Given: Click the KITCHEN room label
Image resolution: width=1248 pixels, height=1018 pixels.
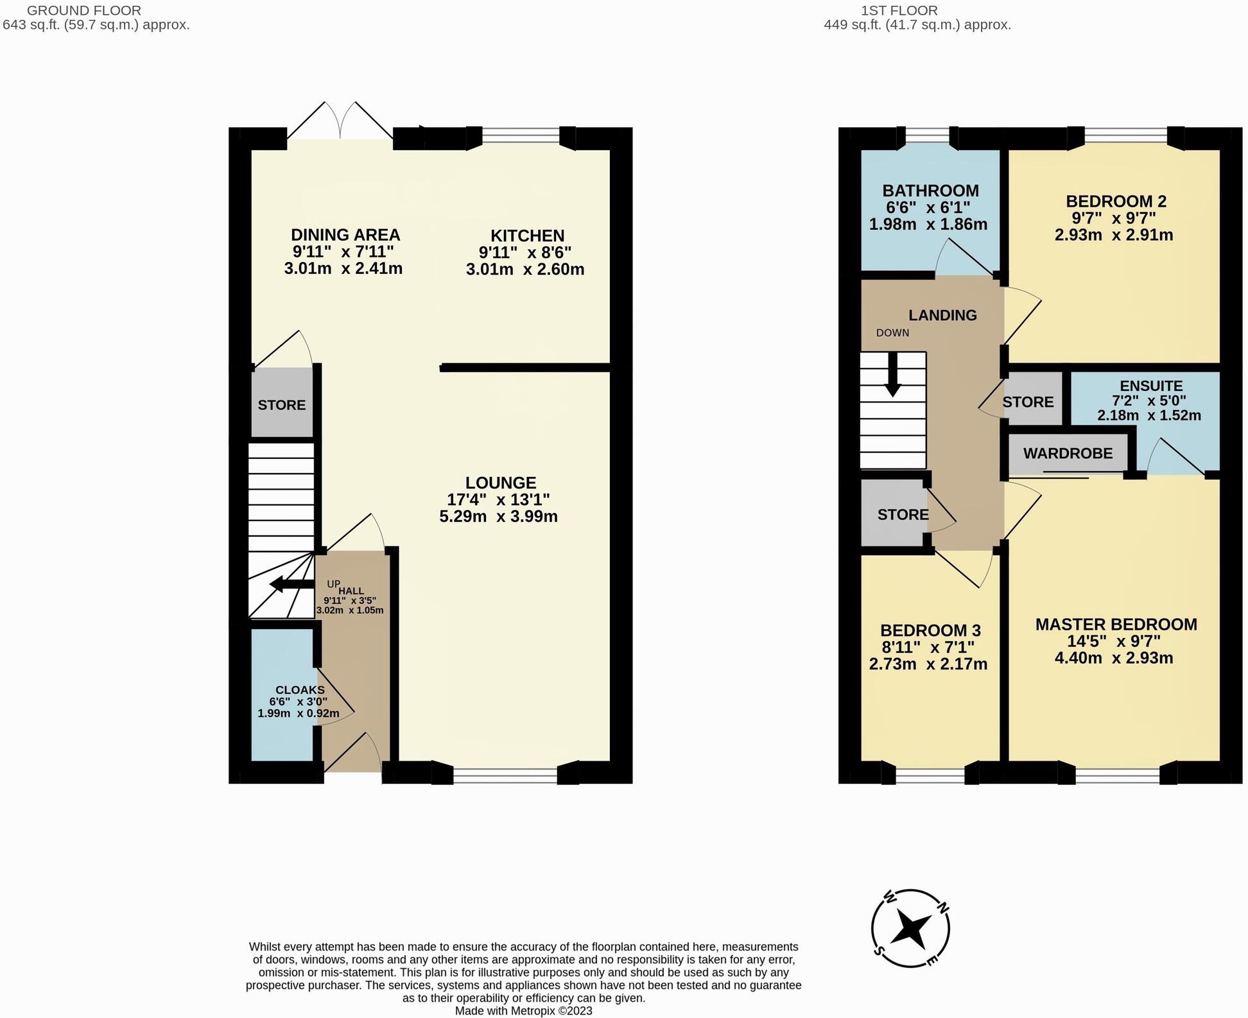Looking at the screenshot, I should pyautogui.click(x=527, y=236).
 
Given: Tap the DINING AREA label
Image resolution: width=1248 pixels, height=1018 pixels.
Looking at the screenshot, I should pyautogui.click(x=345, y=235).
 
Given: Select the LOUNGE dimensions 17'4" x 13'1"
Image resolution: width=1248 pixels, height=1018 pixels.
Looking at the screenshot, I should pyautogui.click(x=498, y=499).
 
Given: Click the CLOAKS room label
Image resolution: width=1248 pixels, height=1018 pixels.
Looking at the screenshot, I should pyautogui.click(x=300, y=690).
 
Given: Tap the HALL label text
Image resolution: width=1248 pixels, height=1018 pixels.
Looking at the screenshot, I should pyautogui.click(x=351, y=591).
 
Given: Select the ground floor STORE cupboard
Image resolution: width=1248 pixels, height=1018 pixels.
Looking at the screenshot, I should pyautogui.click(x=282, y=404).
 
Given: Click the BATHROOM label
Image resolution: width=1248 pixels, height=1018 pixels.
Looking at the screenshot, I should pyautogui.click(x=930, y=191).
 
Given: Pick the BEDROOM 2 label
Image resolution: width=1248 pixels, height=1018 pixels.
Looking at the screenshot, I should pyautogui.click(x=1116, y=201).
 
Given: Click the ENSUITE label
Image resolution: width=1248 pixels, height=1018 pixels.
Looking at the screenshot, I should pyautogui.click(x=1150, y=386).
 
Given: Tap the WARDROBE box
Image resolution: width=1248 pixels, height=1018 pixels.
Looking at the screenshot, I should pyautogui.click(x=1068, y=453).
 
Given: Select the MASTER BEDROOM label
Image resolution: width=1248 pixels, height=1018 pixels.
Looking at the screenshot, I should pyautogui.click(x=1116, y=624).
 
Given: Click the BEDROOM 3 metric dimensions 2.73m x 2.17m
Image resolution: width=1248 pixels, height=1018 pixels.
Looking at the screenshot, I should pyautogui.click(x=928, y=664).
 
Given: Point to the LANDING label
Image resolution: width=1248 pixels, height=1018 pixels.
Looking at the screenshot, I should pyautogui.click(x=942, y=315).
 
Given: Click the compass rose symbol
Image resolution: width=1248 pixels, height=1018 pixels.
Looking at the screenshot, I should pyautogui.click(x=910, y=928).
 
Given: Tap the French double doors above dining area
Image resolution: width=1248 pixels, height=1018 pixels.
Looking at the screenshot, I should pyautogui.click(x=340, y=122).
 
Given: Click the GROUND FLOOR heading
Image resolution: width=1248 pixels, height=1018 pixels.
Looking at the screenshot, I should pyautogui.click(x=83, y=10).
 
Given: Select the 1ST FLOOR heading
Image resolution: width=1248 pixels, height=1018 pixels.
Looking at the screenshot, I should pyautogui.click(x=899, y=10).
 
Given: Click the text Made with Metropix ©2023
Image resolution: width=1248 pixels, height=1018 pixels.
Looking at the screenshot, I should pyautogui.click(x=523, y=1011).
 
